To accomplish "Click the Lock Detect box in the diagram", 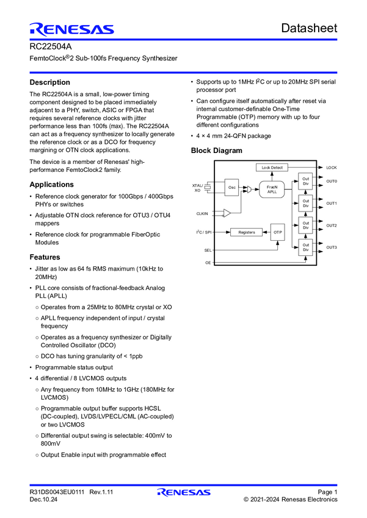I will (x=272, y=167).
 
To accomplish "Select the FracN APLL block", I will (x=272, y=189).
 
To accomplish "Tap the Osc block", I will (x=232, y=188).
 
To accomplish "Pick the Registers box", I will (x=246, y=232).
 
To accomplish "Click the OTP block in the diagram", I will (x=277, y=232).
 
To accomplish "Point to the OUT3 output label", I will (x=332, y=247).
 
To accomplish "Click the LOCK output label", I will (x=331, y=167).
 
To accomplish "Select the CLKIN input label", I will (x=202, y=213).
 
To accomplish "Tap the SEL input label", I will (x=208, y=250).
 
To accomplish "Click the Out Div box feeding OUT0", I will (x=305, y=181).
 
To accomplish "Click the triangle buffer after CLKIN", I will (x=227, y=213).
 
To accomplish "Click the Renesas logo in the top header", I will (x=71, y=29).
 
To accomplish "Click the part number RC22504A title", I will (x=47, y=46).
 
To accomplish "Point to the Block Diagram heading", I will (x=216, y=151).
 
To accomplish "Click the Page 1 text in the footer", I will (x=327, y=492).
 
